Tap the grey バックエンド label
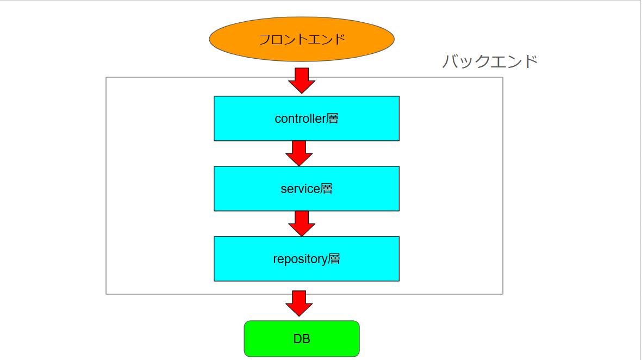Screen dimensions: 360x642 pos(490,61)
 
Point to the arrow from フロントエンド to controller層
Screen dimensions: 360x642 pos(302,80)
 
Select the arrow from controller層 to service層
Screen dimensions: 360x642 pos(299,153)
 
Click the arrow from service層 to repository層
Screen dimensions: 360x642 pos(302,223)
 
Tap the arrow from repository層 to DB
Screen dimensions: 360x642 pos(299,303)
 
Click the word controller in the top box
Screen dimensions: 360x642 pos(300,119)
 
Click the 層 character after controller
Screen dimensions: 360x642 pos(333,118)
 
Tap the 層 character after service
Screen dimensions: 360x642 pos(326,189)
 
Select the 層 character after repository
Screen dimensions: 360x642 pos(334,259)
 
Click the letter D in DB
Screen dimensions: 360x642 pos(297,339)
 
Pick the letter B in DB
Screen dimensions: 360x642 pos(306,339)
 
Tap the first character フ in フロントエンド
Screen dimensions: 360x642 pos(264,39)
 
